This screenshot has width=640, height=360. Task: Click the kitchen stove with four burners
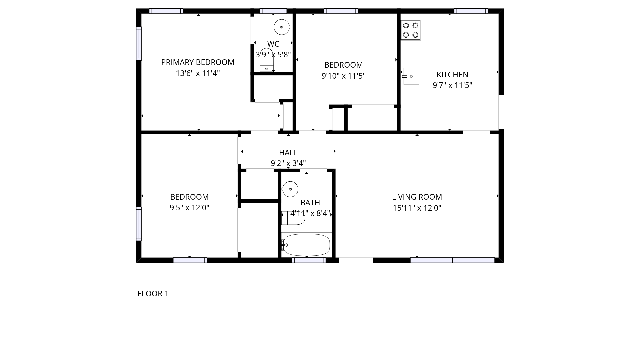click(x=411, y=30)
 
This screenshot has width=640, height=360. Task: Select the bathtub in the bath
click(x=306, y=245)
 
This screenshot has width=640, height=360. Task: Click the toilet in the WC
click(x=267, y=60)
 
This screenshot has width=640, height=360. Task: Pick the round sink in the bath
click(x=290, y=189)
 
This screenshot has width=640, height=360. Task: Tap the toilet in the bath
click(x=293, y=218)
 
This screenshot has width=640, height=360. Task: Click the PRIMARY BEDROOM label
click(x=198, y=62)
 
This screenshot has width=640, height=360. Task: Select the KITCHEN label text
click(x=452, y=75)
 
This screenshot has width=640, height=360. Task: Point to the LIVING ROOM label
click(x=417, y=197)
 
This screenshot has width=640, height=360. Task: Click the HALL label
click(x=288, y=153)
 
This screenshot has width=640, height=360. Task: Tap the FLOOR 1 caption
click(x=153, y=294)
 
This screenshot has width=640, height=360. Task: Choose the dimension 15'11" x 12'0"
click(x=417, y=208)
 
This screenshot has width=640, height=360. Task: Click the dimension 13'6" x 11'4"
click(x=198, y=73)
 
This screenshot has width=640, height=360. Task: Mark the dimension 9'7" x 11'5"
click(x=452, y=85)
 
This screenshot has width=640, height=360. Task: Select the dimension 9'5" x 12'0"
click(x=189, y=208)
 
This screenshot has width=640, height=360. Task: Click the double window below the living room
click(x=452, y=260)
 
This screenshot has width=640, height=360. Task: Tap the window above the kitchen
click(x=471, y=11)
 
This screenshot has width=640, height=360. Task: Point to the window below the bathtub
click(x=309, y=260)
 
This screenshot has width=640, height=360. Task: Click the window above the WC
click(x=273, y=11)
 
